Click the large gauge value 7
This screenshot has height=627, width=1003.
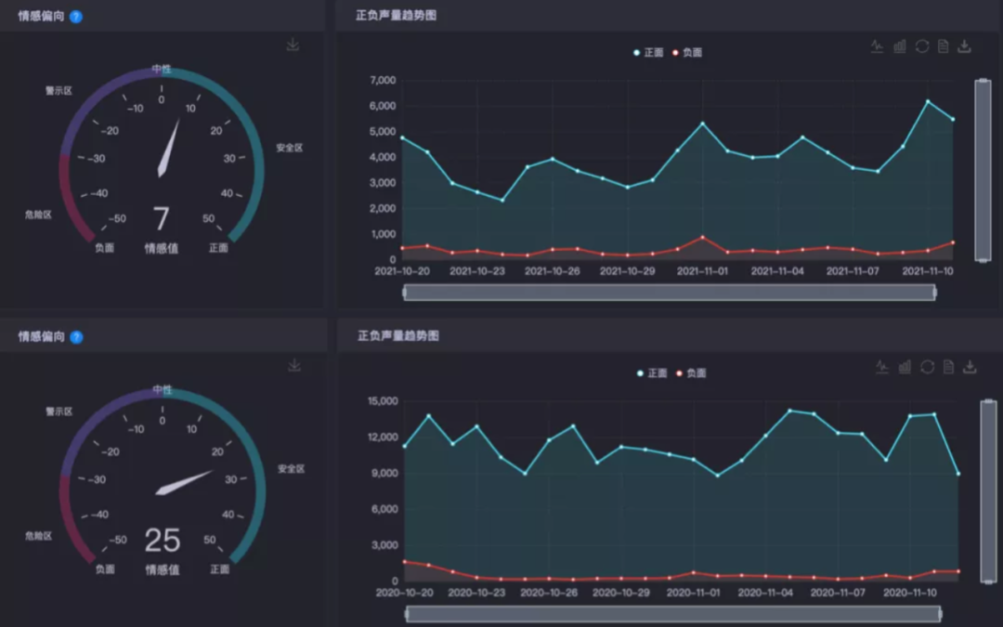click(x=162, y=218)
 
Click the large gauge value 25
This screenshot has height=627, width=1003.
click(x=162, y=540)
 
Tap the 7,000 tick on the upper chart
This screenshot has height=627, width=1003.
click(x=383, y=81)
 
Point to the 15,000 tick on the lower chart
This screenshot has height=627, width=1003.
click(x=383, y=401)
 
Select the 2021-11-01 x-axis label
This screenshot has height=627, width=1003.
click(x=702, y=271)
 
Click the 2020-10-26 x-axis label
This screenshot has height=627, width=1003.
click(x=554, y=592)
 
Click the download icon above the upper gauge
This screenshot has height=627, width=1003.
click(x=293, y=45)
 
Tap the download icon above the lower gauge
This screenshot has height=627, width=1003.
click(x=294, y=366)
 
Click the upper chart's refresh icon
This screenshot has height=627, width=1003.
click(x=921, y=46)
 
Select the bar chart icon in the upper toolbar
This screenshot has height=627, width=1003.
click(x=899, y=46)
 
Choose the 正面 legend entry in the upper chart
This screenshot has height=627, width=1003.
click(x=649, y=53)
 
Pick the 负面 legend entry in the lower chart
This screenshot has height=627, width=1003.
click(x=691, y=373)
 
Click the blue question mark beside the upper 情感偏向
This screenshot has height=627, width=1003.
click(x=76, y=17)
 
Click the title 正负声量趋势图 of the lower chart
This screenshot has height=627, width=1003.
click(x=398, y=335)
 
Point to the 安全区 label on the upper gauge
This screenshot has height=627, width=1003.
click(x=289, y=148)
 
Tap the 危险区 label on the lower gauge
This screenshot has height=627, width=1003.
click(x=38, y=536)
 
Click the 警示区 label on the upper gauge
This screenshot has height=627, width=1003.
click(x=59, y=91)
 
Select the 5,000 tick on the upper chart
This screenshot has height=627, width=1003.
click(x=383, y=132)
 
